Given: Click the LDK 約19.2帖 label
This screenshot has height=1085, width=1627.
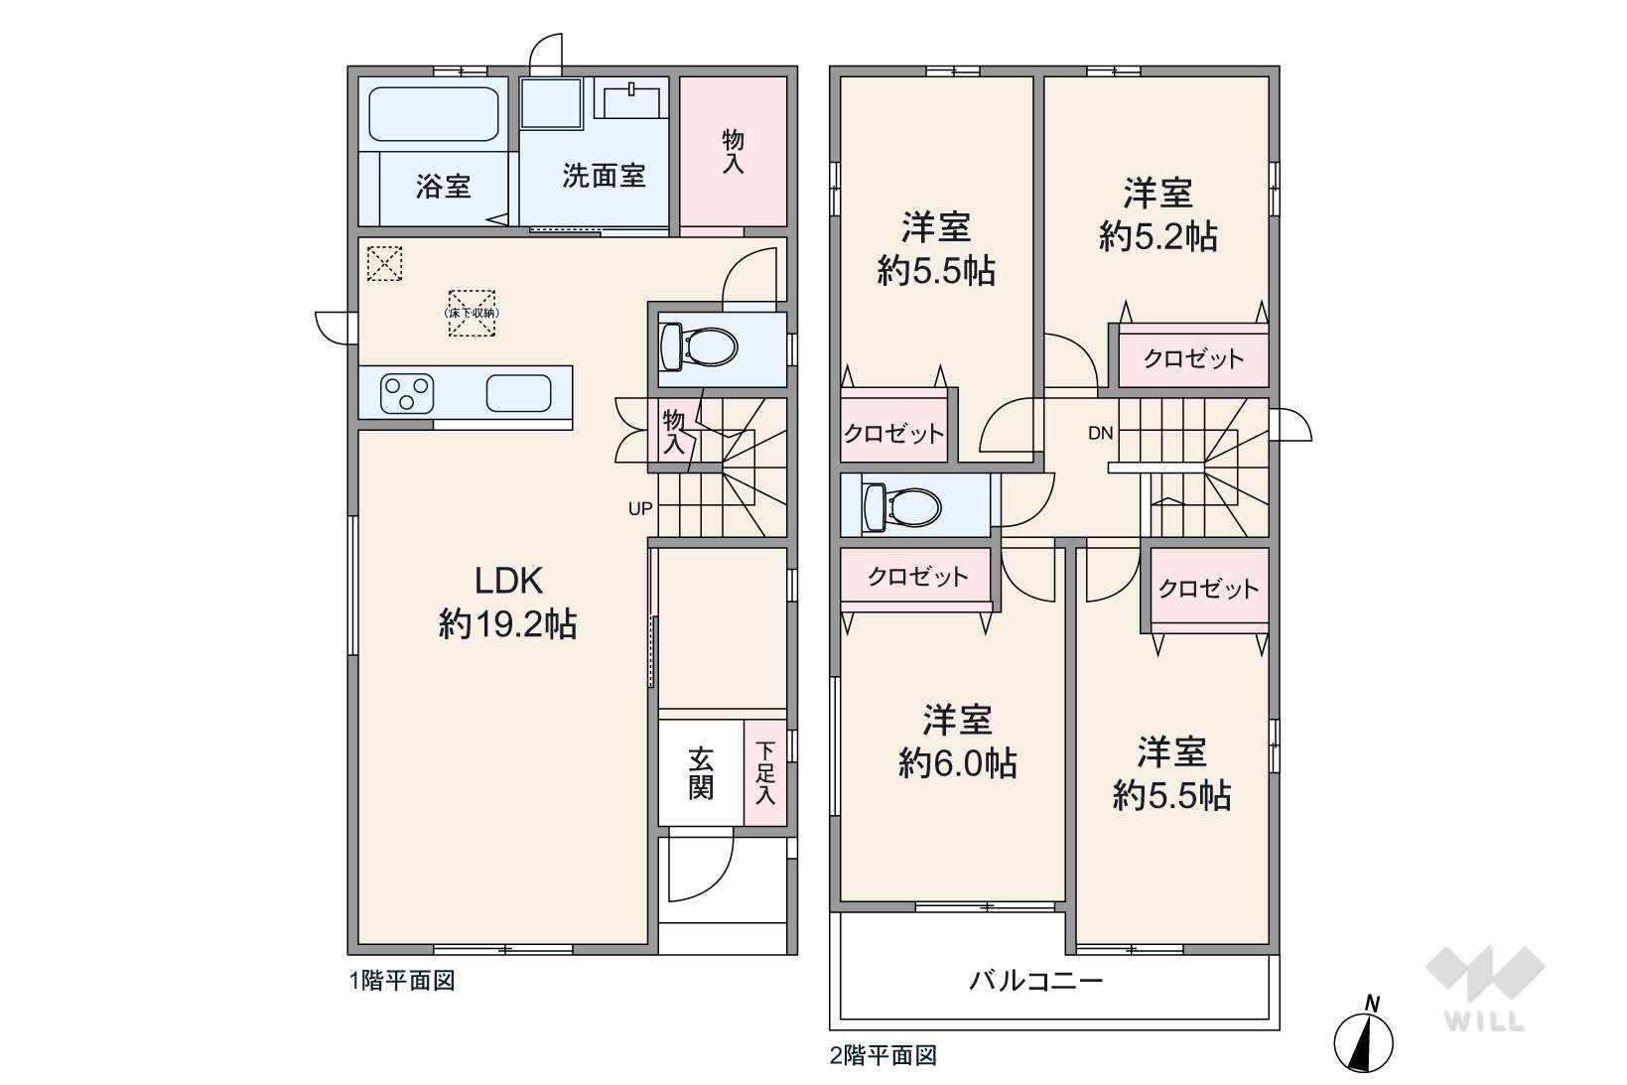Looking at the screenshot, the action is (x=507, y=602).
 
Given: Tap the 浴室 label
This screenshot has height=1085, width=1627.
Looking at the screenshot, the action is (x=443, y=187).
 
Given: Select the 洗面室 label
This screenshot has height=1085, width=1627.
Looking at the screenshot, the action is (x=604, y=176).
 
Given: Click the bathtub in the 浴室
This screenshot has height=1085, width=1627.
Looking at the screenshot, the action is (x=434, y=114).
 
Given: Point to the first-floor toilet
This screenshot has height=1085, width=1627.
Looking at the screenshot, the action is (x=699, y=346).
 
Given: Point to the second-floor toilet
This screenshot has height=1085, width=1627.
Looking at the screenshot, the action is (x=900, y=504).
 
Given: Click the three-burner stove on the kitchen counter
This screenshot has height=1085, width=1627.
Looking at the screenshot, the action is (x=407, y=394).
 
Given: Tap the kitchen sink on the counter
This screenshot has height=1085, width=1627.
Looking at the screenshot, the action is (x=518, y=393).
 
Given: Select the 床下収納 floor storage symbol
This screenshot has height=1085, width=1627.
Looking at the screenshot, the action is (x=472, y=313).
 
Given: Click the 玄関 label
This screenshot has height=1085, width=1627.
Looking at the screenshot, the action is (x=701, y=772).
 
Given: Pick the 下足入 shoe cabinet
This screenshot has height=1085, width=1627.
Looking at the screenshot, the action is (x=764, y=772).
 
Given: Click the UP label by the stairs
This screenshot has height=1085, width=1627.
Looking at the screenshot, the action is (x=640, y=509).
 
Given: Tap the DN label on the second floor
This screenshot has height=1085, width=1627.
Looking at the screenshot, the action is (x=1101, y=434).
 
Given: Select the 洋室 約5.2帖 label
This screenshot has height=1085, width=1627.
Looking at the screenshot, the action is (x=1157, y=215).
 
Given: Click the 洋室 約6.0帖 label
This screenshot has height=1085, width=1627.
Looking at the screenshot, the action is (x=957, y=742).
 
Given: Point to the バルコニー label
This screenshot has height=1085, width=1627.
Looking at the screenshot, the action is (x=1036, y=981).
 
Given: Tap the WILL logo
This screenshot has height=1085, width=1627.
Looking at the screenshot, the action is (x=1485, y=988).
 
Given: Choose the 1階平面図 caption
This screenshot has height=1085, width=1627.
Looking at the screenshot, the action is (x=402, y=981).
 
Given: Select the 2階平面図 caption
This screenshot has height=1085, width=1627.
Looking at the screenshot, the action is (x=883, y=1055).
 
